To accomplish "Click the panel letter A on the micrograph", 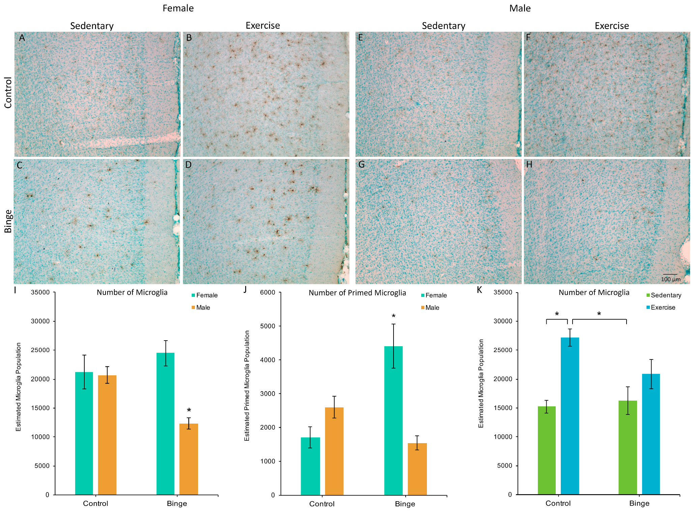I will [x=22, y=38].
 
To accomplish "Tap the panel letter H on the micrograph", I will [x=529, y=164].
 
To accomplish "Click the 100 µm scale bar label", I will [x=670, y=279].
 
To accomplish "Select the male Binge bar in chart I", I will [x=189, y=459].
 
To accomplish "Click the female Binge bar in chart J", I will [x=393, y=420].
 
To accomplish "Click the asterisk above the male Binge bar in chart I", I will [x=189, y=410].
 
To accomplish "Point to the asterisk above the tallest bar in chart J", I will [x=393, y=316].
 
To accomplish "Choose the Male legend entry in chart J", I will [x=432, y=307].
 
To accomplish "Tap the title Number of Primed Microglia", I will [x=357, y=293].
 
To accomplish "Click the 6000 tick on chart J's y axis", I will [x=268, y=292].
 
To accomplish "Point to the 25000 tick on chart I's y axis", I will [x=40, y=350].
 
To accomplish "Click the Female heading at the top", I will [x=178, y=8].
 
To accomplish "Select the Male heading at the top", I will [x=520, y=8].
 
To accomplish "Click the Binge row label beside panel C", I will [x=8, y=221].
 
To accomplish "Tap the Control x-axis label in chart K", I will [x=558, y=503].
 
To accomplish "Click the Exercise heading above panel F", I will [x=612, y=26].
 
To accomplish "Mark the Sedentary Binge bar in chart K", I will [x=628, y=447].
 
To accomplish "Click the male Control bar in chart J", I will [x=334, y=451].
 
